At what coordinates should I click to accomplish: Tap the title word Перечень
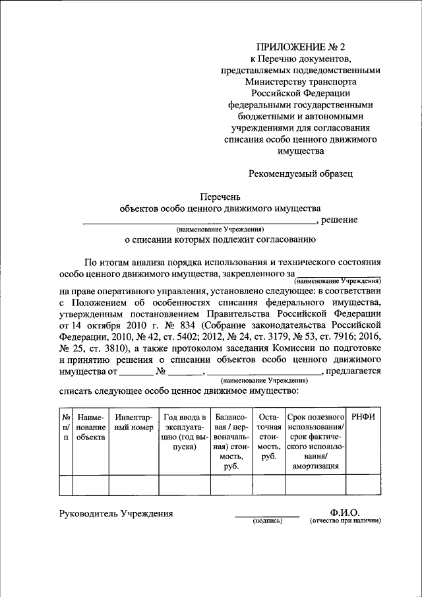point(221,196)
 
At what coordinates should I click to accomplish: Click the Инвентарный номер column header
point(133,423)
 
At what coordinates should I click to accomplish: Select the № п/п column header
point(66,427)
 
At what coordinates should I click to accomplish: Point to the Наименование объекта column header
point(90,427)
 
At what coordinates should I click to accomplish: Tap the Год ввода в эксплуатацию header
point(185,432)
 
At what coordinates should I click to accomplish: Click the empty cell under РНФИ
point(363,485)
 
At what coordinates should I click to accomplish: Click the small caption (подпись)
point(267,521)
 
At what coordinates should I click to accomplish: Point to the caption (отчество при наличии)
point(346,521)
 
